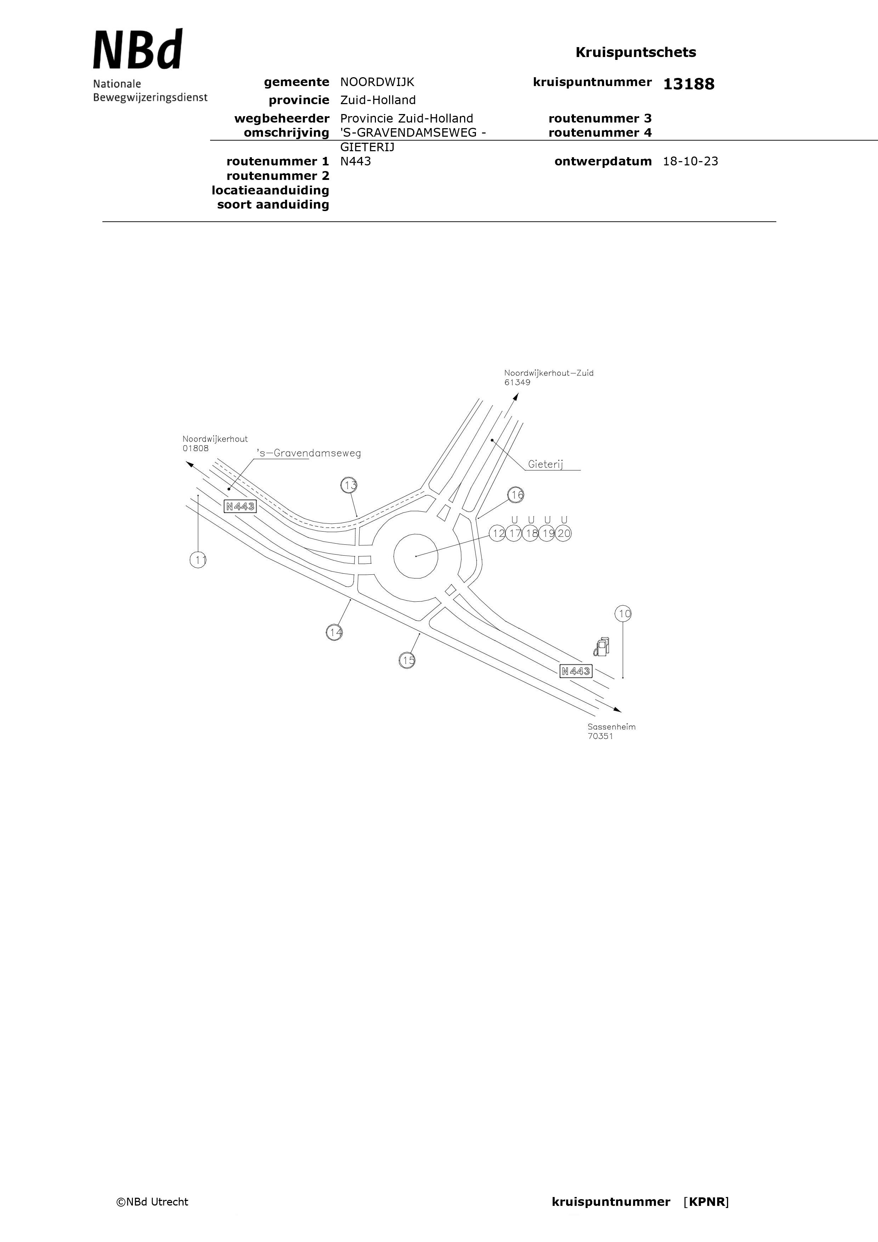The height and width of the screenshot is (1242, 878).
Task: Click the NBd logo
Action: (138, 49)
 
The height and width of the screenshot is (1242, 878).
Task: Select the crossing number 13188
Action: (688, 84)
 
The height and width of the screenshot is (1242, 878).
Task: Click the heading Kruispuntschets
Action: (636, 52)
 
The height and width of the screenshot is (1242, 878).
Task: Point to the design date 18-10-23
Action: (690, 161)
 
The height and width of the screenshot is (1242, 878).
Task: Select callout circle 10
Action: (624, 613)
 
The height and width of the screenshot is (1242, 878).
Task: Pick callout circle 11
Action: (199, 560)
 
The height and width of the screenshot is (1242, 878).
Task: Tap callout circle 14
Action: (334, 632)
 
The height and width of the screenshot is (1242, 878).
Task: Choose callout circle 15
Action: (407, 660)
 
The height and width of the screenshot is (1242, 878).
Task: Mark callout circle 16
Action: (516, 494)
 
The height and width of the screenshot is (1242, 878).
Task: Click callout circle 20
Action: (563, 533)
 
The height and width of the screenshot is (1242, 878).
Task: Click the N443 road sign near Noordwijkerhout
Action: (240, 506)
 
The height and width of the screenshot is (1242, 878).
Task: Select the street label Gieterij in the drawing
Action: (546, 464)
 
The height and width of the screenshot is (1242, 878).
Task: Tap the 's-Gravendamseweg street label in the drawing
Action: (309, 453)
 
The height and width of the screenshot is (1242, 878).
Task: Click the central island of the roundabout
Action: (416, 556)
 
